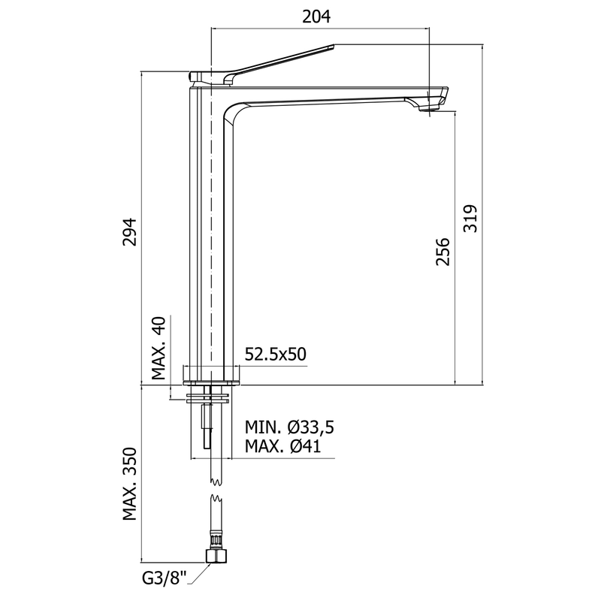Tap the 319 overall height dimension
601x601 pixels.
[x=471, y=218]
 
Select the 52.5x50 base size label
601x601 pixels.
[x=276, y=354]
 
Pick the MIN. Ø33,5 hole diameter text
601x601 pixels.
[x=288, y=427]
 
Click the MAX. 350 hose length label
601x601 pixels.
[x=128, y=485]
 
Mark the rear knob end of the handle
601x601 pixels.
[x=194, y=77]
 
